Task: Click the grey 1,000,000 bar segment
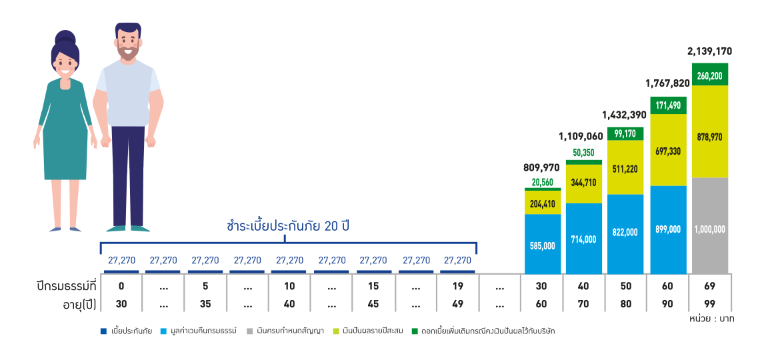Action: pyautogui.click(x=710, y=227)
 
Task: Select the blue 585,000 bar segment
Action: pyautogui.click(x=543, y=245)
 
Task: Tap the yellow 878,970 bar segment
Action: pyautogui.click(x=710, y=137)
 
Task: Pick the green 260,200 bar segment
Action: pyautogui.click(x=710, y=75)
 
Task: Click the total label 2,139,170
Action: pyautogui.click(x=710, y=51)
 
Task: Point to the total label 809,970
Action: pyautogui.click(x=543, y=167)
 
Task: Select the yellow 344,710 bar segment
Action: pyautogui.click(x=584, y=182)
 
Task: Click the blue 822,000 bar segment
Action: pyautogui.click(x=625, y=233)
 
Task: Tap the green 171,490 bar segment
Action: pyautogui.click(x=668, y=105)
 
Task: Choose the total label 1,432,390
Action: pyautogui.click(x=625, y=114)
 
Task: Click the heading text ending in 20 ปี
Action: pyautogui.click(x=288, y=226)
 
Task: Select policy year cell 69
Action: pyautogui.click(x=710, y=286)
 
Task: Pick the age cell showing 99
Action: pyautogui.click(x=710, y=305)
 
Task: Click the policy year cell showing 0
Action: pyautogui.click(x=121, y=286)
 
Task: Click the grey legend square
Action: pyautogui.click(x=250, y=331)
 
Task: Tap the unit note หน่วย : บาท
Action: pyautogui.click(x=711, y=319)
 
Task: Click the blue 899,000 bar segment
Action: pyautogui.click(x=668, y=229)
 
